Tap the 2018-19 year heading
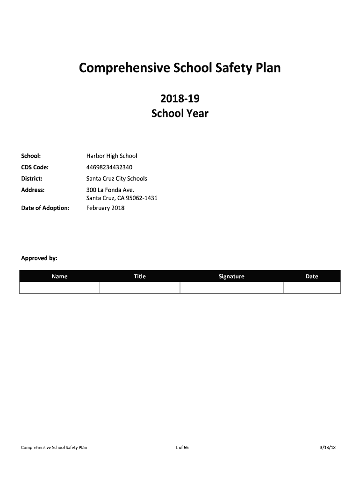coord(180,99)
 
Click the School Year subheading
coord(180,113)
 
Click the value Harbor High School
coord(112,156)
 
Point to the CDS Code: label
coord(35,167)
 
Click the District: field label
coord(32,179)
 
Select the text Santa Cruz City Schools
coord(117,179)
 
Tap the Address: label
coord(33,190)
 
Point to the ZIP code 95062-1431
coord(140,198)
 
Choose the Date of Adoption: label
coord(45,208)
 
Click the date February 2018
coord(106,208)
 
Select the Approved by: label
coord(39,258)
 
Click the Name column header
coord(59,276)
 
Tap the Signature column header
coord(231,276)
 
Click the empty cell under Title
coord(140,288)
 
